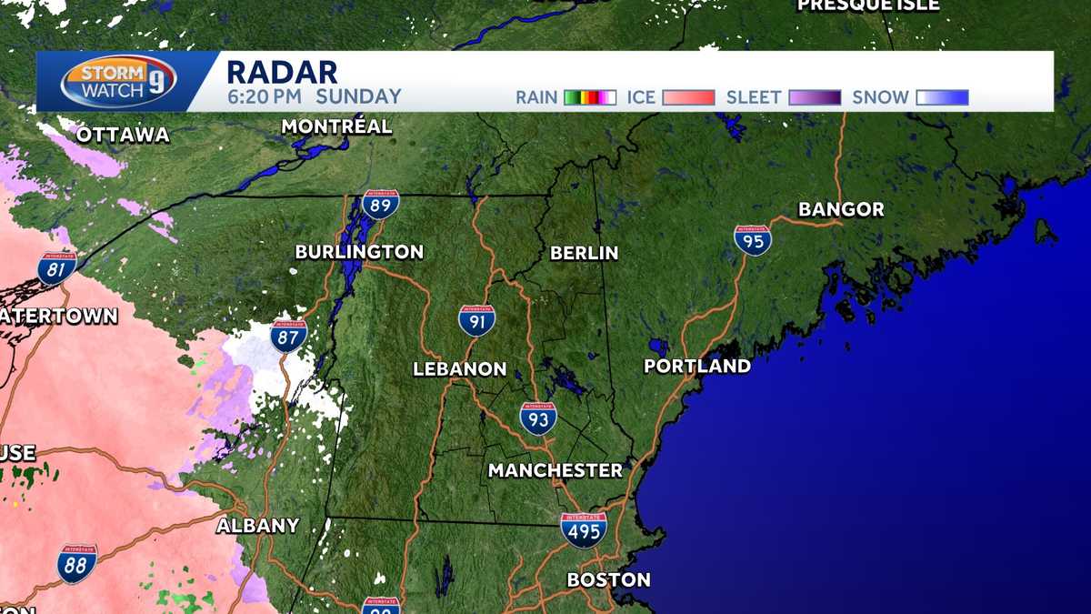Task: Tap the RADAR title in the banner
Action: [281, 71]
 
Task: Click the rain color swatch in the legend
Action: [590, 97]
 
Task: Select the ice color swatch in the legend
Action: [688, 97]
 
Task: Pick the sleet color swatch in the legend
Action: [814, 97]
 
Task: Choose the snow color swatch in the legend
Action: [942, 97]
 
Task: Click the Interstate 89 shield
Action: [380, 204]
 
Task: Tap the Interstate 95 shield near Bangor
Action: [753, 239]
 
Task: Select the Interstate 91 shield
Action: [476, 320]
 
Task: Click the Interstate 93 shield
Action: [538, 418]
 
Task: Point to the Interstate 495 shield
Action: [583, 529]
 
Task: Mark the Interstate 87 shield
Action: [288, 335]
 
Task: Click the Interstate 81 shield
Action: [56, 268]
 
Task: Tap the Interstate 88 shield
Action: [76, 563]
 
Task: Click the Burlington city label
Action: [359, 252]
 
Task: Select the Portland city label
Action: [697, 366]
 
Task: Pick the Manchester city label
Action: [555, 470]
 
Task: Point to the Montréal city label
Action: [336, 126]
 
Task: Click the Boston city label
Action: [608, 579]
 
